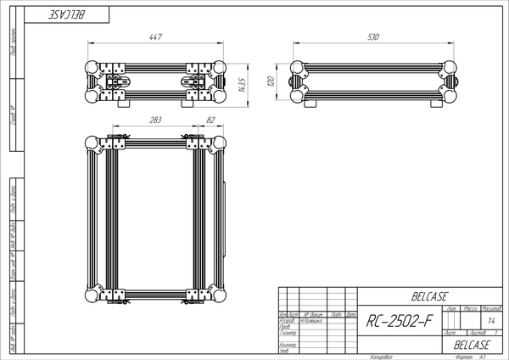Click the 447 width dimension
(154, 37)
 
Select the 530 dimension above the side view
(372, 37)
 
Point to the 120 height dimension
(270, 82)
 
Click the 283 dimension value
(154, 121)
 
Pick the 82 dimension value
(210, 121)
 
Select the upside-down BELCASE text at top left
(76, 15)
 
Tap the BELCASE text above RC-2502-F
(430, 296)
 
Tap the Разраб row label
(287, 321)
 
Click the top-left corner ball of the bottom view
(92, 142)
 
